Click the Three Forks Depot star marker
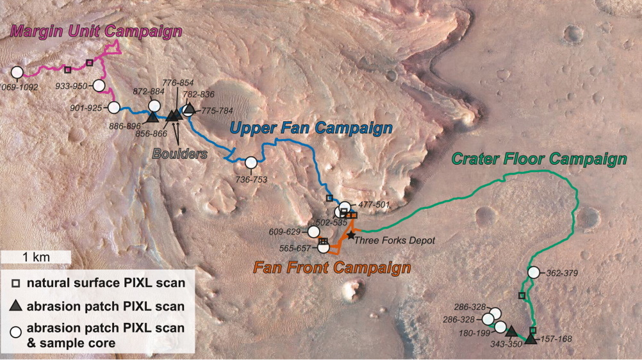tap(351, 236)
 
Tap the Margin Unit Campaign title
tap(96, 31)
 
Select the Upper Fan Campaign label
tap(311, 128)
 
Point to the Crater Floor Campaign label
tap(539, 159)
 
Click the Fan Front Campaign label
tap(332, 268)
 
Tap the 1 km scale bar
tap(36, 258)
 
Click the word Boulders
tap(180, 154)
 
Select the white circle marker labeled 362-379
tap(534, 272)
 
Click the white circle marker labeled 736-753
tap(251, 163)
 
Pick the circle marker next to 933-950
tap(99, 86)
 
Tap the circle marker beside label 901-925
tap(114, 108)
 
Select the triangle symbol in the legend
tap(16, 305)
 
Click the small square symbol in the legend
tap(16, 283)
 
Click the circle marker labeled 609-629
tap(313, 232)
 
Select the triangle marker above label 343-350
tap(511, 331)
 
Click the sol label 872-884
tap(148, 92)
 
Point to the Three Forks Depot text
tap(395, 240)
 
